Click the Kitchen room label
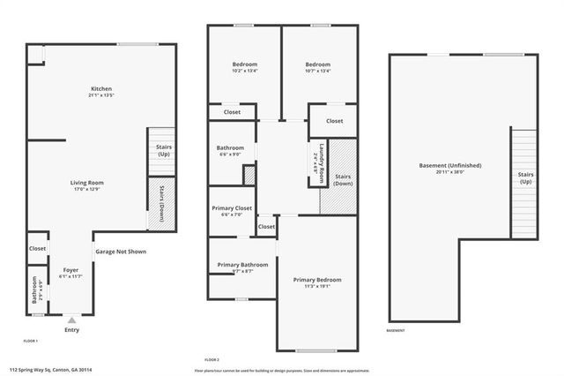pos(102,89)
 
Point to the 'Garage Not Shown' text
pos(121,252)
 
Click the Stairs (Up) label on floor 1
pos(163,151)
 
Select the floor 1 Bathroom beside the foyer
pos(36,292)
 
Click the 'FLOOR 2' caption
pos(211,360)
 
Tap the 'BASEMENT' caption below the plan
pos(396,331)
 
